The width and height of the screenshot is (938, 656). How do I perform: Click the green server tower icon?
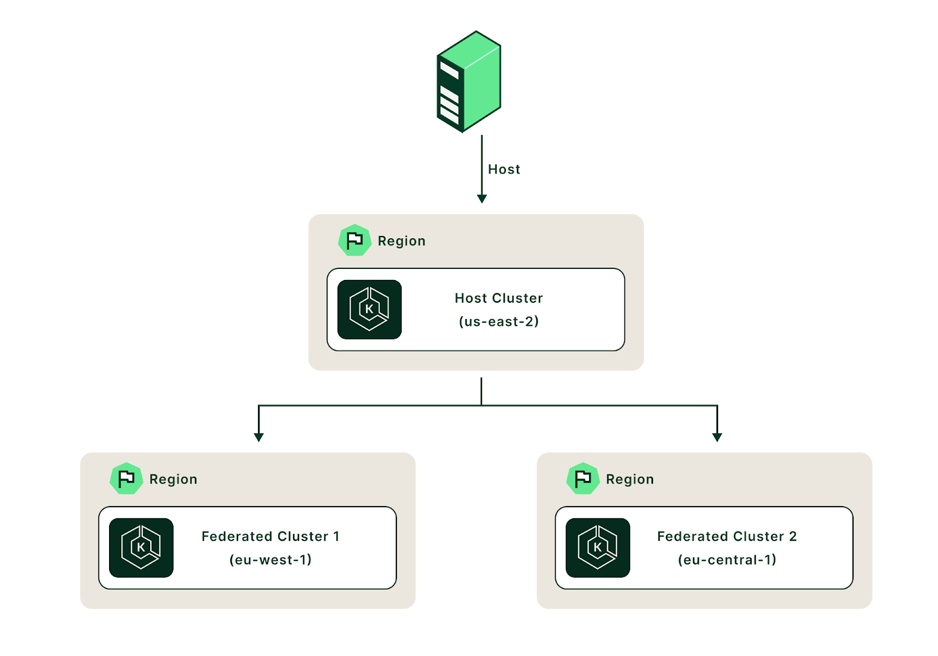click(468, 81)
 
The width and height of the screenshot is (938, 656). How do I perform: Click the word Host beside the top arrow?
click(504, 169)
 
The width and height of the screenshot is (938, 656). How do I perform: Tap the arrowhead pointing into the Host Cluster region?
click(482, 199)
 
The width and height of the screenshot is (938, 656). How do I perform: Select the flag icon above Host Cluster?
click(355, 241)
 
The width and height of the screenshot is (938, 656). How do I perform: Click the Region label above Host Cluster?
click(402, 241)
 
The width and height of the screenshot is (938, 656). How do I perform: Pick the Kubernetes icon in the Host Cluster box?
click(369, 309)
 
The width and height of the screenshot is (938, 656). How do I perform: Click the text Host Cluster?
click(499, 298)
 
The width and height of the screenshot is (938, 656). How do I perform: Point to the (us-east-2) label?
click(499, 322)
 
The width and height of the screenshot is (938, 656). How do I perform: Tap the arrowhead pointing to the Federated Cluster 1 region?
click(259, 437)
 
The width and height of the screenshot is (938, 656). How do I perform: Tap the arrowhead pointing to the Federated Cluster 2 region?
click(717, 437)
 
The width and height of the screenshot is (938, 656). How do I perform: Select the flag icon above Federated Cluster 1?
click(126, 479)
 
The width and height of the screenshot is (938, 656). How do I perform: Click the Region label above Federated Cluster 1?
click(174, 480)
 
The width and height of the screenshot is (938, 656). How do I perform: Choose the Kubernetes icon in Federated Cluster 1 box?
click(141, 548)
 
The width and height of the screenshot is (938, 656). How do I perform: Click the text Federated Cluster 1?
click(270, 537)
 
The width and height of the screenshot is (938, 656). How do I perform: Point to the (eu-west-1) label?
click(270, 560)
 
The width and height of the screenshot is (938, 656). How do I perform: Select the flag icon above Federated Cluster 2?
click(583, 479)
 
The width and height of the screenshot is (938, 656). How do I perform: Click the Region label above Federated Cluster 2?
click(630, 480)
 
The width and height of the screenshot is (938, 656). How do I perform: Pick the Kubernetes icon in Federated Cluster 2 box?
click(598, 548)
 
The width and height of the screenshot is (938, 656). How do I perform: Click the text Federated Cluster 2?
click(727, 537)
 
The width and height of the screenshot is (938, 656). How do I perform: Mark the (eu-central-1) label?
click(727, 560)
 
